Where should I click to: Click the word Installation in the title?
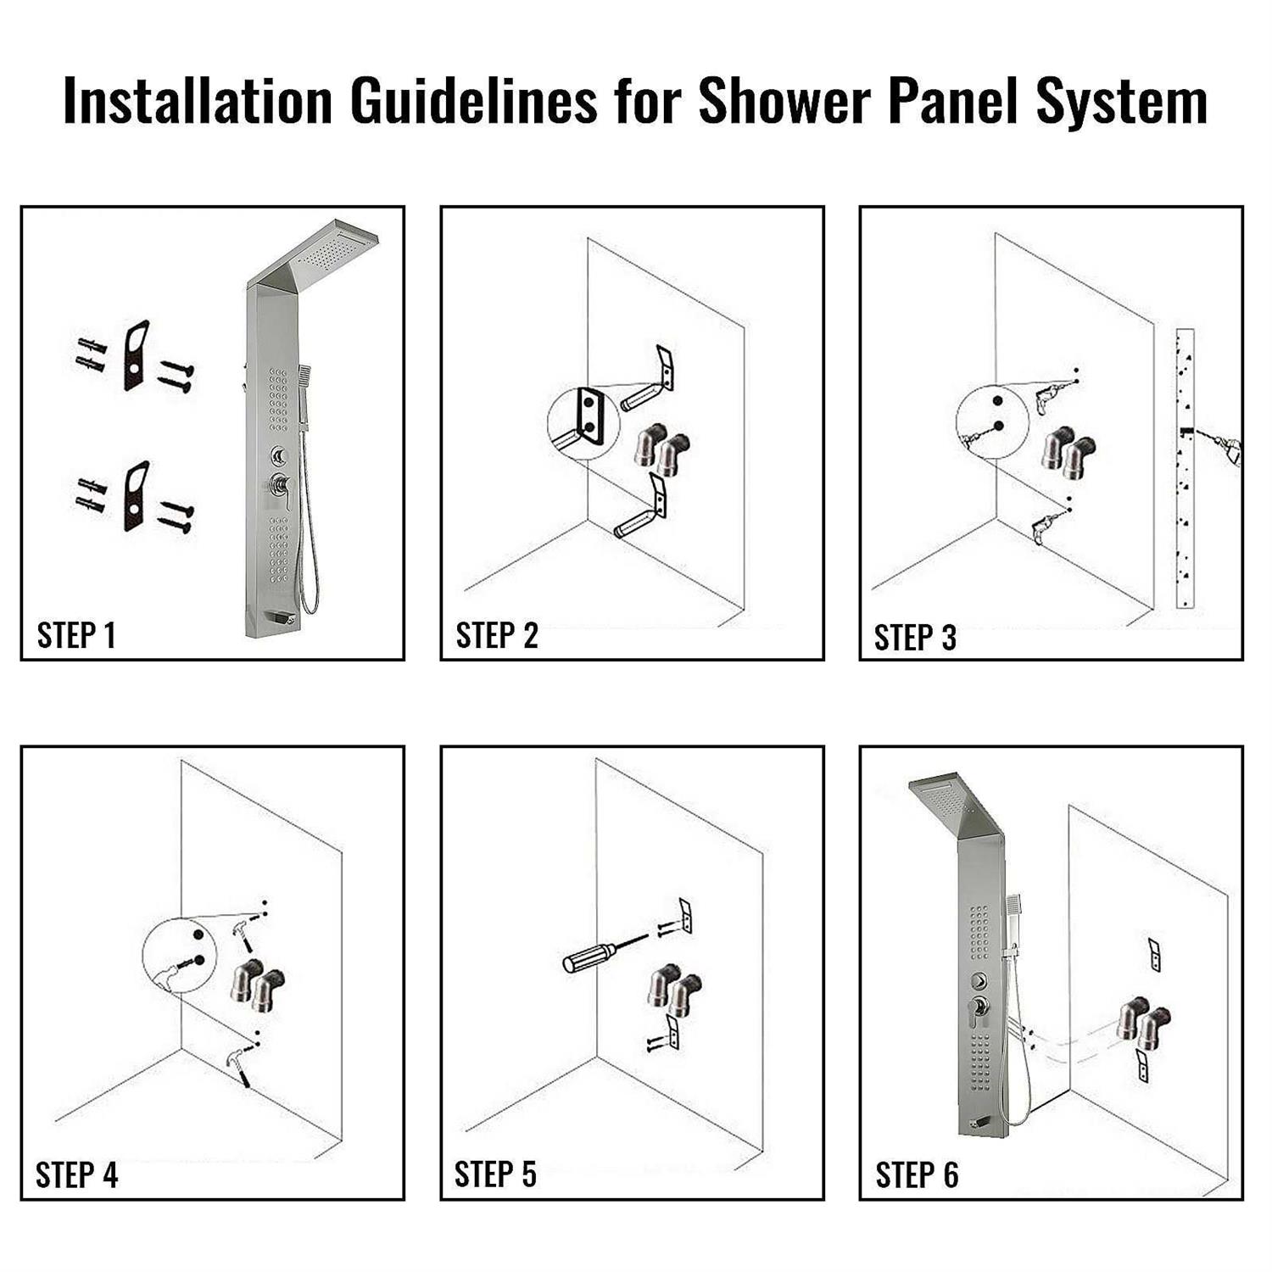pyautogui.click(x=198, y=101)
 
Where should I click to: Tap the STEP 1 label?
pyautogui.click(x=76, y=634)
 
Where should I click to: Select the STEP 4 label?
pyautogui.click(x=76, y=1174)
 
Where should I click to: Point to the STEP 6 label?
pyautogui.click(x=917, y=1174)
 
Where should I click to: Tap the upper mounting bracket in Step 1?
pyautogui.click(x=137, y=355)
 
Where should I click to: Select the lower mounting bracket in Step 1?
pyautogui.click(x=137, y=496)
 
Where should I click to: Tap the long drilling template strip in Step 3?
pyautogui.click(x=1185, y=468)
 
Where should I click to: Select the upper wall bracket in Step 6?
pyautogui.click(x=1154, y=954)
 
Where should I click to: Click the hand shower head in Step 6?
pyautogui.click(x=1016, y=908)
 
